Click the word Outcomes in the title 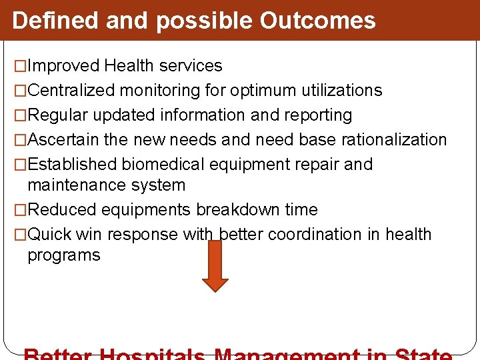tap(317, 21)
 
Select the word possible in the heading tap(205, 21)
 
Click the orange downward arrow tap(215, 266)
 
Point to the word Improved tap(65, 66)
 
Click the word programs tap(63, 255)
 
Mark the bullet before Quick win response tap(21, 235)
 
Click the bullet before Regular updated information tap(21, 115)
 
